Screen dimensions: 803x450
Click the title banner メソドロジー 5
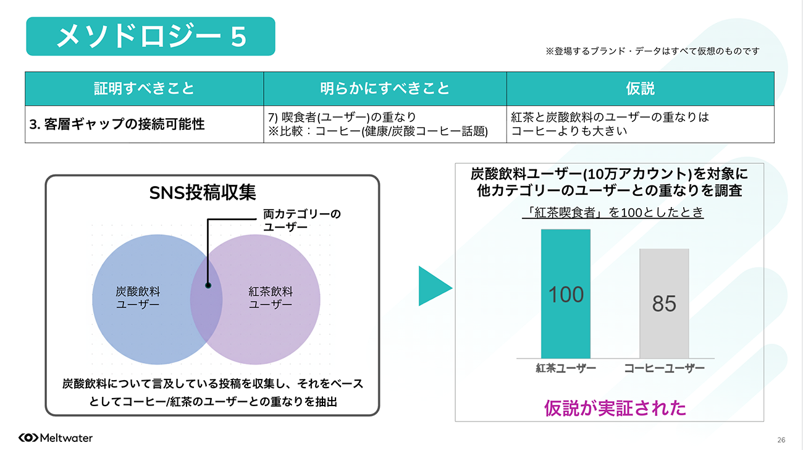(x=151, y=36)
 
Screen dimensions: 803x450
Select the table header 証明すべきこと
(x=144, y=88)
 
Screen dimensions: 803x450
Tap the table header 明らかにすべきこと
(x=385, y=88)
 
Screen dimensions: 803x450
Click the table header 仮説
(x=641, y=88)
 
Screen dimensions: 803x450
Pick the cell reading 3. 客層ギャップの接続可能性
(x=117, y=124)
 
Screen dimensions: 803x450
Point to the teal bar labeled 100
(x=566, y=294)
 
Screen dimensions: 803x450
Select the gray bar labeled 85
(x=664, y=304)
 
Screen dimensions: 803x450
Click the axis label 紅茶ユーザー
(x=566, y=368)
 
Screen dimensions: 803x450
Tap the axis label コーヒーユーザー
(x=664, y=368)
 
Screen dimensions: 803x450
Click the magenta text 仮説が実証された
(x=615, y=409)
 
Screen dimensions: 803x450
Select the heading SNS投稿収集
(x=203, y=193)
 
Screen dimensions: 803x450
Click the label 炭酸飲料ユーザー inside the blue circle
(x=138, y=298)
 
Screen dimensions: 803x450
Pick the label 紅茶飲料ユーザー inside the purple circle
(x=271, y=298)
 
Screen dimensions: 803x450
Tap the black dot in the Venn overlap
(x=208, y=286)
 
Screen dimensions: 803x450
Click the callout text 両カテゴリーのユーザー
(x=302, y=220)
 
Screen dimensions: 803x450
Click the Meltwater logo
(x=56, y=438)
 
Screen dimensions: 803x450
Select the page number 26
(x=781, y=440)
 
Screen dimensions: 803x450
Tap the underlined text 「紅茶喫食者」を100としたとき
(x=613, y=213)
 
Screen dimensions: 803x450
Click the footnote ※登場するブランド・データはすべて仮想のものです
(x=652, y=51)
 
